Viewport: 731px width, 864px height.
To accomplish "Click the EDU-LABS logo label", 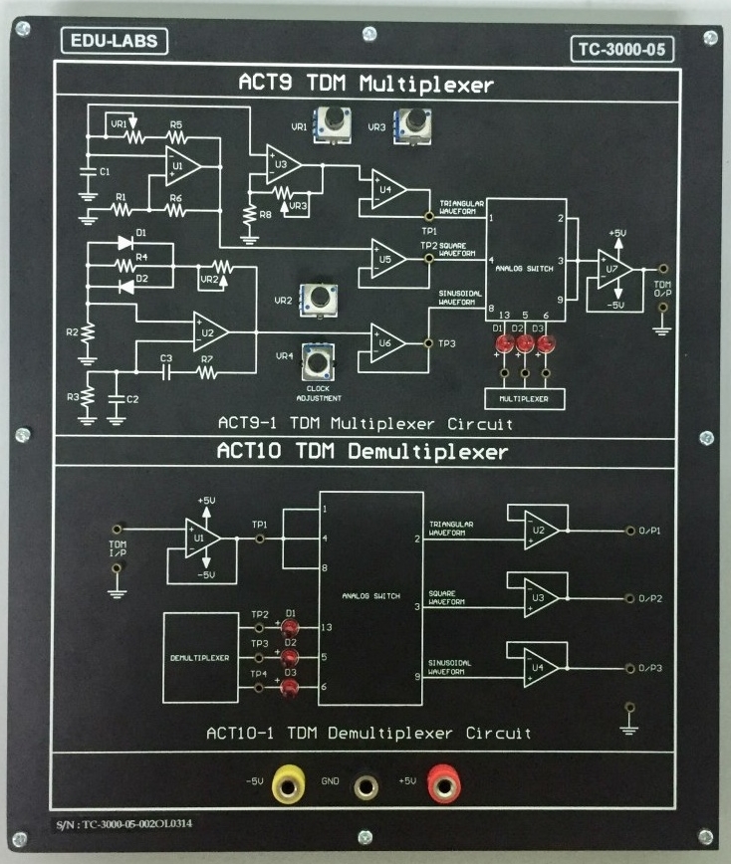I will [x=114, y=41].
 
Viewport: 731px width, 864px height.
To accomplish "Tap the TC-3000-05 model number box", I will [x=622, y=48].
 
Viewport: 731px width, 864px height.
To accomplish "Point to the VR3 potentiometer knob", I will [x=409, y=124].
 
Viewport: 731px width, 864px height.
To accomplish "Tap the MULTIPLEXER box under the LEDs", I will [x=523, y=398].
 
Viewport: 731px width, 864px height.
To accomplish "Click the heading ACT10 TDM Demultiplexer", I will [x=363, y=453].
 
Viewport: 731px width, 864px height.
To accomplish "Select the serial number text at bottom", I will [x=149, y=825].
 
